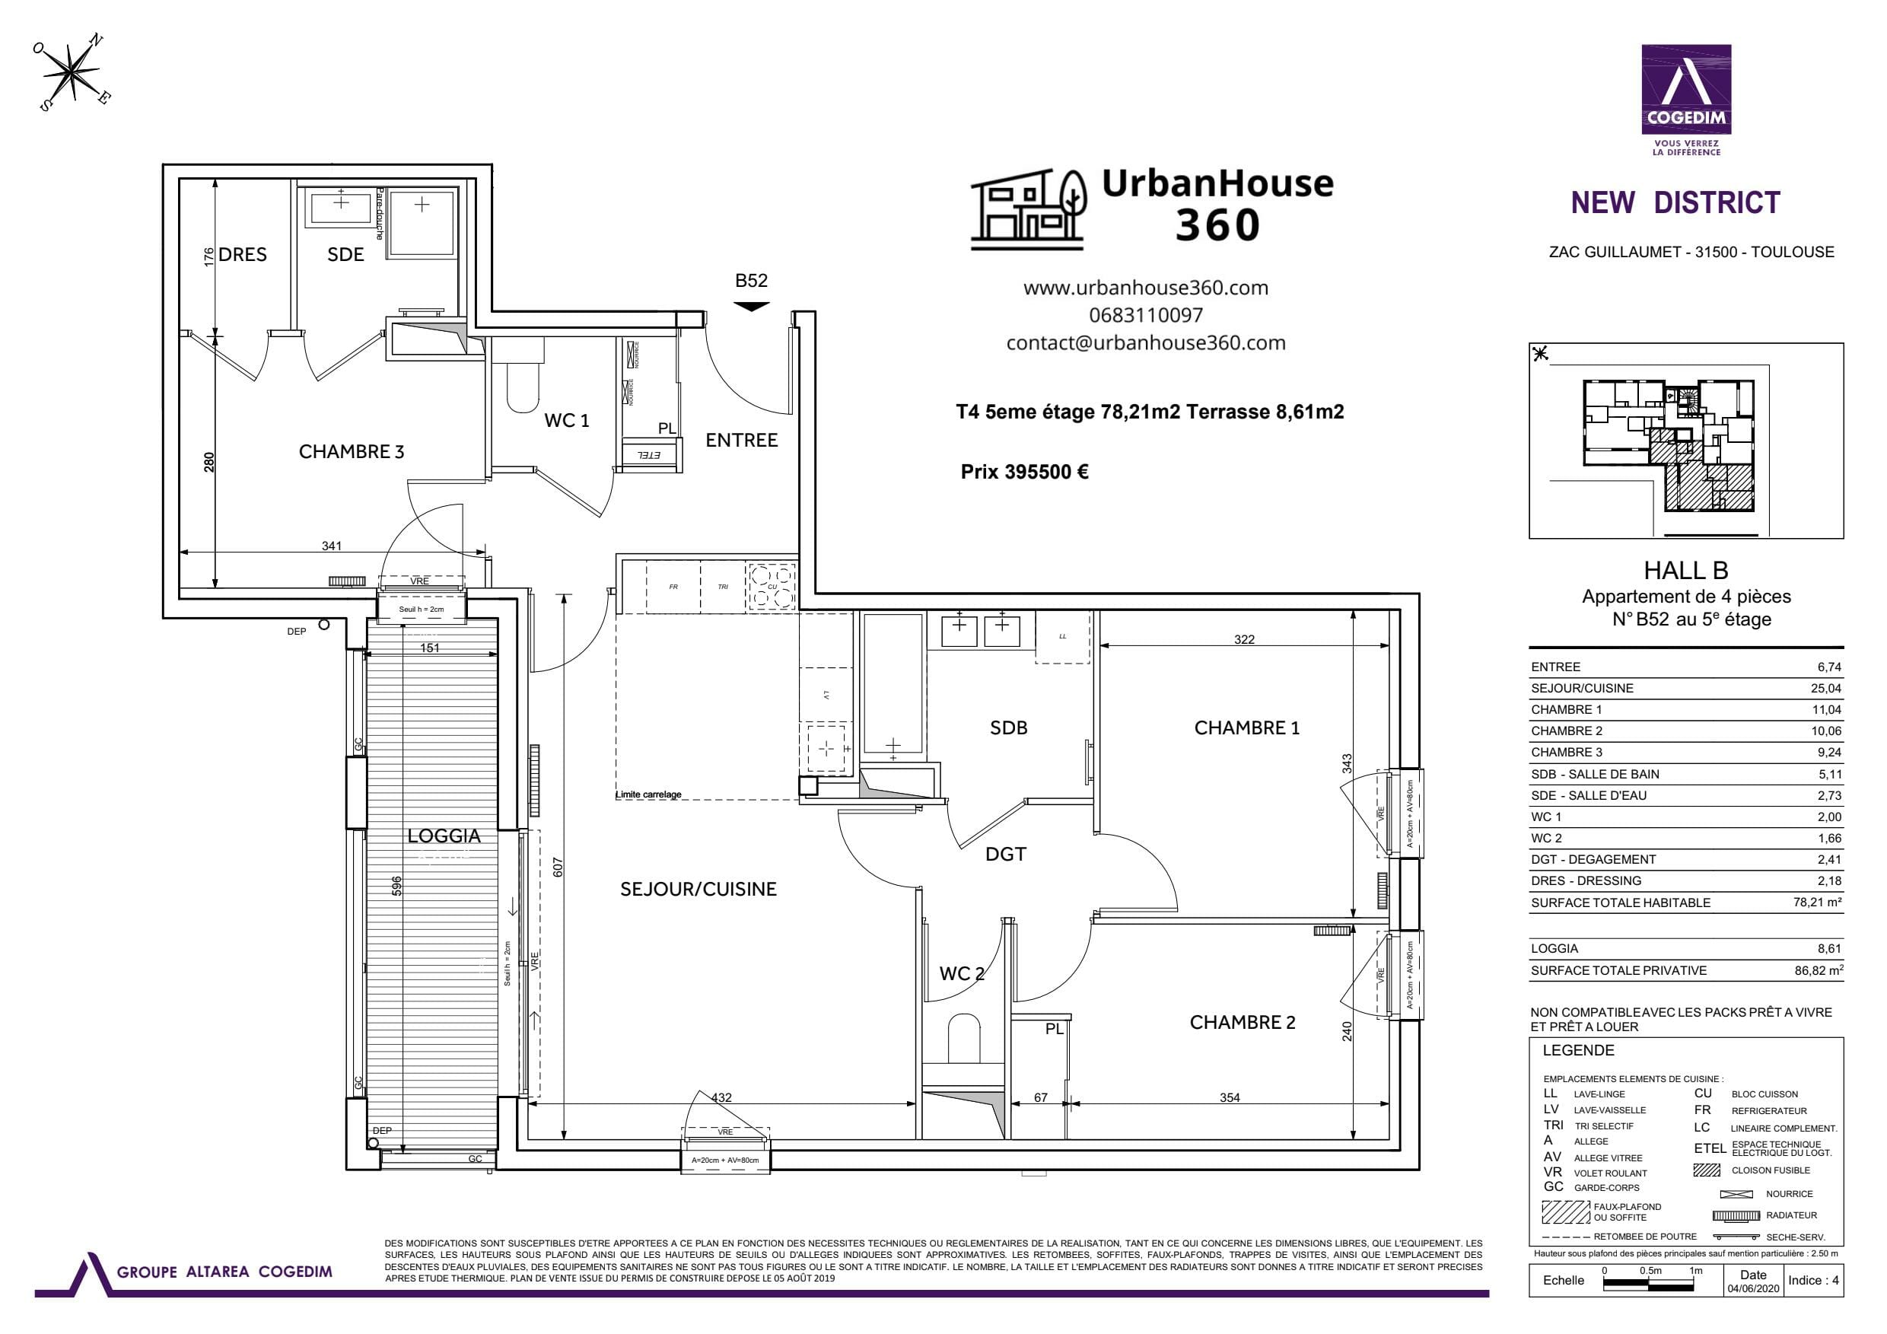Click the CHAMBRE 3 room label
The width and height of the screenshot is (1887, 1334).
[x=351, y=451]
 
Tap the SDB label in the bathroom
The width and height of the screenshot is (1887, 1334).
[x=1007, y=727]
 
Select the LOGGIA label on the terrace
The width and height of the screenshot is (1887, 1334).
[x=444, y=836]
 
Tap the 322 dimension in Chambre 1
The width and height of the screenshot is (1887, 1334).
[x=1243, y=639]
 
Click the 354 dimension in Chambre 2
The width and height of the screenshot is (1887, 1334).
[x=1229, y=1097]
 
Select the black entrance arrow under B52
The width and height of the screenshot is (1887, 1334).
[x=750, y=307]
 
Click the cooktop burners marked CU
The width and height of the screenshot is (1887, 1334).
[x=772, y=586]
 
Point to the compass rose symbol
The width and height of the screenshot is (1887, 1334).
[x=73, y=73]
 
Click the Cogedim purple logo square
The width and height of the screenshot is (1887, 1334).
[x=1685, y=89]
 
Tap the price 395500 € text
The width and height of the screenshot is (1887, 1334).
[x=1024, y=472]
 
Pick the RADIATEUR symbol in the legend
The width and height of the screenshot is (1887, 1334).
[x=1735, y=1215]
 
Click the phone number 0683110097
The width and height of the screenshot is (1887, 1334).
[x=1145, y=315]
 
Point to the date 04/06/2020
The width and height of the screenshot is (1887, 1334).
[x=1752, y=1289]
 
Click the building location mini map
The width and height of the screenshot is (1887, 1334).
[x=1685, y=441]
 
